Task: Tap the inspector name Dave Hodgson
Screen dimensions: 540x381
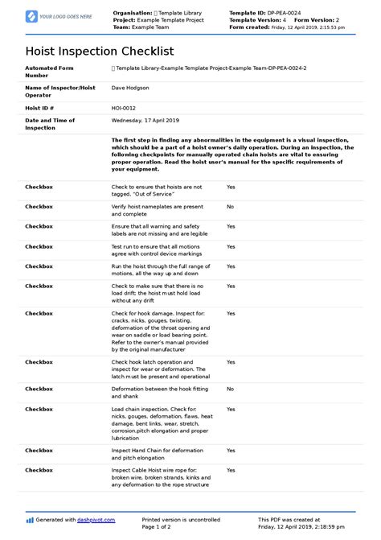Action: pos(130,89)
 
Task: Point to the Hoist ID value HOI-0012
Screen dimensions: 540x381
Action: pos(123,106)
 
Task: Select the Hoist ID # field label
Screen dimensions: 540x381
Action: pos(39,106)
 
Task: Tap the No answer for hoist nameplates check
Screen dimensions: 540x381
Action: pos(230,207)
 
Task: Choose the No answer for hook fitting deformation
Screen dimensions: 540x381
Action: pos(230,389)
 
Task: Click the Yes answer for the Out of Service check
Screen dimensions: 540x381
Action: pos(231,187)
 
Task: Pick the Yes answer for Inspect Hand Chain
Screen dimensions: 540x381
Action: pos(231,450)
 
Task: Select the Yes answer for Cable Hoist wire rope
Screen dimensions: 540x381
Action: pos(231,470)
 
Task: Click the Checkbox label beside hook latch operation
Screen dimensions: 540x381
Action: pos(39,362)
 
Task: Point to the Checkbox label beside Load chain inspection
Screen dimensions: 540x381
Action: pos(39,409)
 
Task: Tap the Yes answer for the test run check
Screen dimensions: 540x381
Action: pos(231,247)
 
